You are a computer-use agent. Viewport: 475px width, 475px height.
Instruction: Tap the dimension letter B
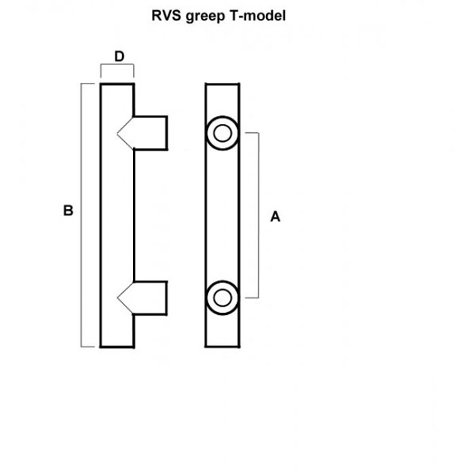pos(67,211)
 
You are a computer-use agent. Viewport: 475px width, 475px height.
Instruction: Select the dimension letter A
pos(275,216)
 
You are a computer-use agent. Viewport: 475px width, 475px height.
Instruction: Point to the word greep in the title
pos(205,16)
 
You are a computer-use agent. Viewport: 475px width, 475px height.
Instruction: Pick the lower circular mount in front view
pos(221,297)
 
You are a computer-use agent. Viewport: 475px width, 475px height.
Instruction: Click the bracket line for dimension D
pos(117,66)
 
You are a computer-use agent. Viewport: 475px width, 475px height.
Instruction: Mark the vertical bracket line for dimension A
pos(258,215)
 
